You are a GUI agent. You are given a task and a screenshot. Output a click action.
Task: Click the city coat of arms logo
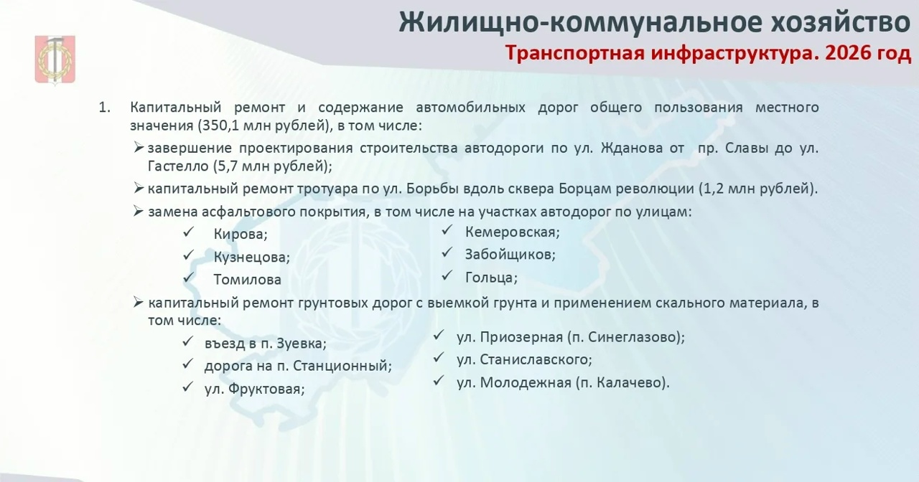click(x=55, y=60)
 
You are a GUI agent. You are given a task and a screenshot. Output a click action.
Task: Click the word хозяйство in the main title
click(x=839, y=22)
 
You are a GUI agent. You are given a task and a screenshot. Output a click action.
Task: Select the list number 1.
click(x=104, y=108)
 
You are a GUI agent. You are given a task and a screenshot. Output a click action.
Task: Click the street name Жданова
click(x=631, y=148)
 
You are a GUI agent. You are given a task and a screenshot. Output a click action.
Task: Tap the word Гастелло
click(x=178, y=166)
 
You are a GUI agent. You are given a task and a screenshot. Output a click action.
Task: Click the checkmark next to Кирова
click(x=188, y=232)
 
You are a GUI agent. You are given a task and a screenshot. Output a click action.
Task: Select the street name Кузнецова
click(x=251, y=257)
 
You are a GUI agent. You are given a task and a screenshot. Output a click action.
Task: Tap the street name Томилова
click(x=248, y=280)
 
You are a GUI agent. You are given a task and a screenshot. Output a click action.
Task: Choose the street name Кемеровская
click(x=512, y=232)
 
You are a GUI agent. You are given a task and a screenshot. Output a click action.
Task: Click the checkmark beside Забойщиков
click(x=447, y=252)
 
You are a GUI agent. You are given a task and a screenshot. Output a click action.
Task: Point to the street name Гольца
click(x=491, y=278)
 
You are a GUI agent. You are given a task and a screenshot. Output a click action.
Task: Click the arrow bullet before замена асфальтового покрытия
click(x=139, y=212)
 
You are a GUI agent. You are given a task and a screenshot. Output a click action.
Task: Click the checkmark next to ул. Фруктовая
click(x=188, y=387)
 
